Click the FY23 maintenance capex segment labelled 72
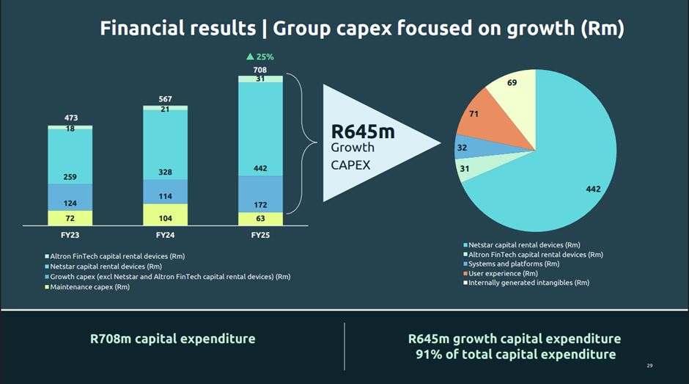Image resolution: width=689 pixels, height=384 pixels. [x=70, y=219]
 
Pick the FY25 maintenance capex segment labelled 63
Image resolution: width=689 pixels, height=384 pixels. [x=260, y=219]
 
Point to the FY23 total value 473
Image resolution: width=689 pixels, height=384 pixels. [x=70, y=118]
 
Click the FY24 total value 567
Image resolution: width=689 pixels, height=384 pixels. [x=165, y=99]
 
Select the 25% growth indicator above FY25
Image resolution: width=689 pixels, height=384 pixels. [x=260, y=57]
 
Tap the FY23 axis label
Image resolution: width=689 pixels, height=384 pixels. [x=70, y=235]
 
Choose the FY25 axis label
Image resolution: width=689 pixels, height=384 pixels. [x=260, y=235]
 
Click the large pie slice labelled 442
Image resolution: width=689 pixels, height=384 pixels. [x=572, y=176]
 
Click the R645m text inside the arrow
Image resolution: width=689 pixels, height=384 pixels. [x=358, y=132]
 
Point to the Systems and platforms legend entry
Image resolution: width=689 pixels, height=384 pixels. [x=513, y=264]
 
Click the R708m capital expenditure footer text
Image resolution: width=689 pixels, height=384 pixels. [x=173, y=338]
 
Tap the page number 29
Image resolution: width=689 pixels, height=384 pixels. [x=649, y=366]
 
